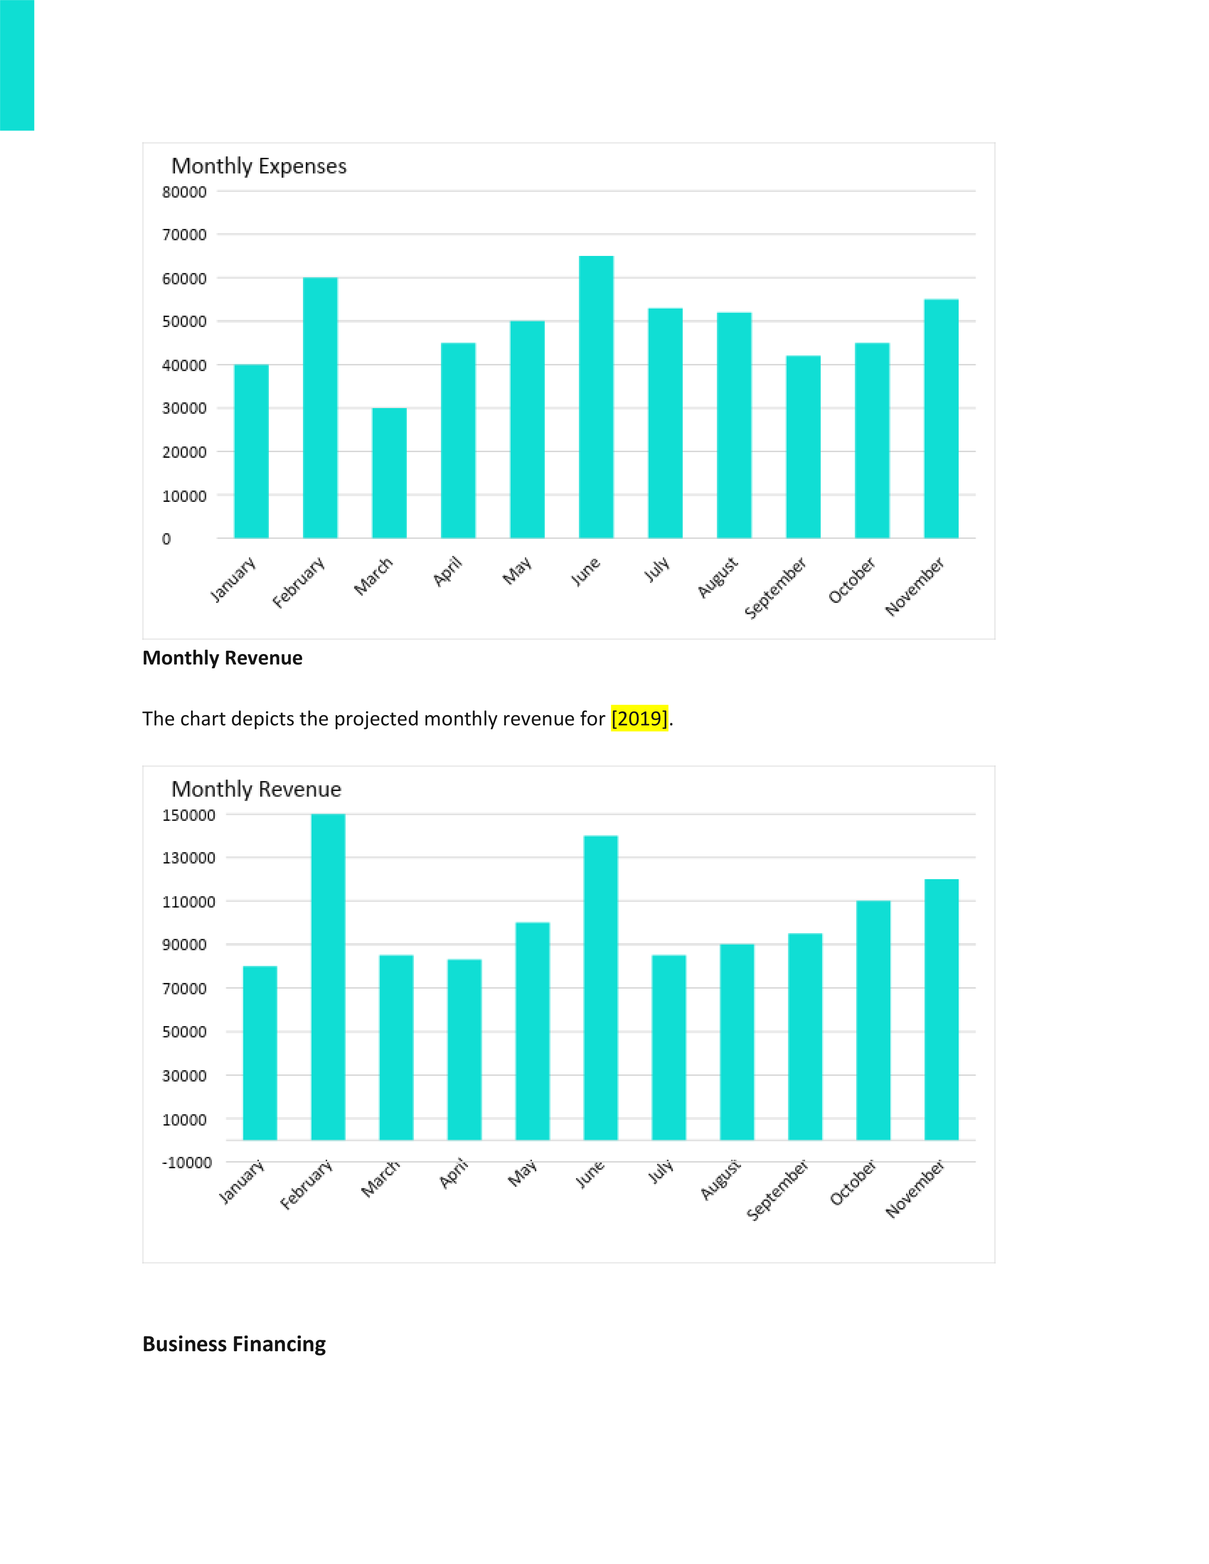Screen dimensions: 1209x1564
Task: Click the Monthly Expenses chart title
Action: (x=258, y=166)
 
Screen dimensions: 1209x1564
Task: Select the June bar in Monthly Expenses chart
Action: (x=596, y=397)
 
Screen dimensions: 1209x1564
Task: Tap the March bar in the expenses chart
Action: (x=389, y=473)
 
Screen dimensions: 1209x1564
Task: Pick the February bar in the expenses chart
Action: (x=320, y=408)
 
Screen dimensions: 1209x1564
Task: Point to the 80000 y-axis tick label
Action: (x=184, y=192)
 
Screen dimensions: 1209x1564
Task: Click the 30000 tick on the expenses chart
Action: (x=184, y=408)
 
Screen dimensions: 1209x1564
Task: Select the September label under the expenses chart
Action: (x=775, y=587)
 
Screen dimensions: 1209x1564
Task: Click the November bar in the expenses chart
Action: (x=941, y=418)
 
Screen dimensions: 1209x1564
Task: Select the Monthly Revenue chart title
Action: (x=256, y=789)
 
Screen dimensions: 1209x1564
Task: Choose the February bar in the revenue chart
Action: (x=328, y=977)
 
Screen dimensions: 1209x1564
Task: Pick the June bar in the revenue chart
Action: (x=601, y=988)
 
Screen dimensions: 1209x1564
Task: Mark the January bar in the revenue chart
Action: (x=260, y=1053)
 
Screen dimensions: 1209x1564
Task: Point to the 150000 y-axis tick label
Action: (x=188, y=815)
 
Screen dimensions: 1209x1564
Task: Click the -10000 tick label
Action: (x=187, y=1162)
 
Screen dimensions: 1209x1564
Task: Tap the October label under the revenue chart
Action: (x=852, y=1182)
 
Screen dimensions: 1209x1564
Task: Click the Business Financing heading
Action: (x=234, y=1344)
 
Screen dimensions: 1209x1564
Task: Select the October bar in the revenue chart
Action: (x=873, y=1020)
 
